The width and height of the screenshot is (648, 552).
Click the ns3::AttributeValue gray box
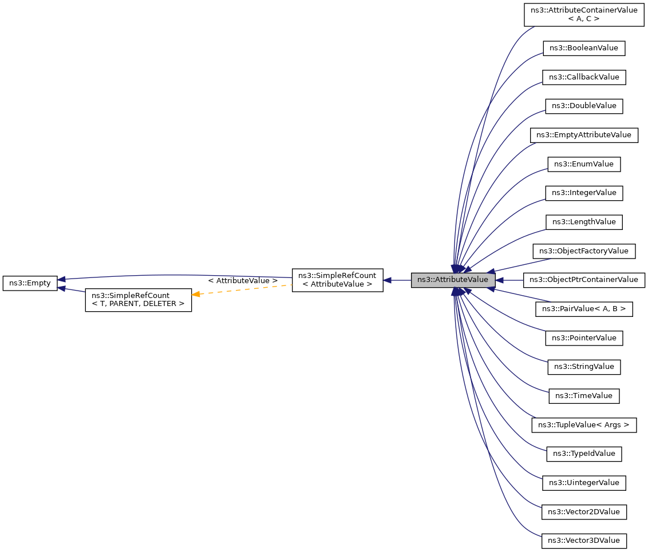[453, 280]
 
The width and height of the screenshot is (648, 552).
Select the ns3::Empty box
[30, 283]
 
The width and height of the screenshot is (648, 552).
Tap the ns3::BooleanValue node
[584, 48]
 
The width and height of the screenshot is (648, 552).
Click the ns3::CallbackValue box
[584, 77]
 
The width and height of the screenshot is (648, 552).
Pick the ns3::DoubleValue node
[584, 106]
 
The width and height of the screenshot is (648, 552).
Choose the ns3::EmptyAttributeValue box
[584, 135]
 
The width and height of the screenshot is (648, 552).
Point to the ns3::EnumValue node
[584, 164]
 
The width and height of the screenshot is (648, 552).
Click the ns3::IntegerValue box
[584, 193]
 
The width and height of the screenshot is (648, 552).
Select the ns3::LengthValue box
[584, 222]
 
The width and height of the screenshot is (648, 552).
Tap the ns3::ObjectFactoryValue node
[584, 251]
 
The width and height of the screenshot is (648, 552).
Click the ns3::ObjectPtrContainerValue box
[584, 280]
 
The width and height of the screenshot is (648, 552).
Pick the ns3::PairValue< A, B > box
[584, 309]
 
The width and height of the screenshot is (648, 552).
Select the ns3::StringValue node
[584, 367]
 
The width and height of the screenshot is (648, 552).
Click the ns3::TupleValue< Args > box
[584, 425]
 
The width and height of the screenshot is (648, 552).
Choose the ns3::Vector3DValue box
[584, 541]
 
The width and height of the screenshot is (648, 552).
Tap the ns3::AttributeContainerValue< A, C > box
[584, 14]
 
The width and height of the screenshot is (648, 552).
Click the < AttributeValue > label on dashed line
[243, 281]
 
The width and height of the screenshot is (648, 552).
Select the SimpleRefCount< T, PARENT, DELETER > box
[138, 300]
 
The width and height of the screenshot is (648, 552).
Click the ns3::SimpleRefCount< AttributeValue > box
[337, 280]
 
